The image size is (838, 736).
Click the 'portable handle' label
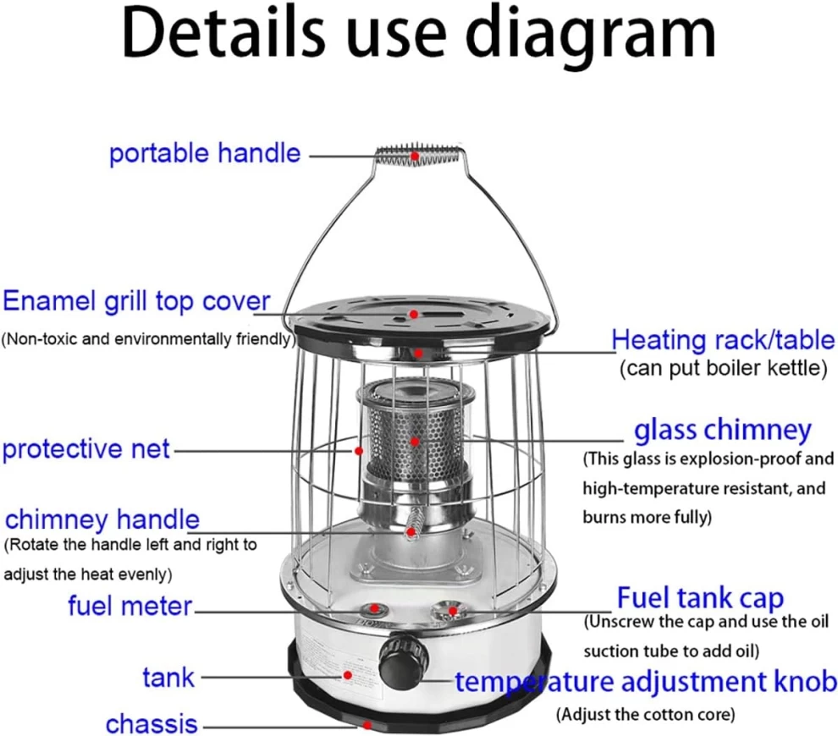coord(205,154)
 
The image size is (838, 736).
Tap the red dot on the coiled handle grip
coord(414,156)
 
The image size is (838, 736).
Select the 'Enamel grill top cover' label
coord(136,302)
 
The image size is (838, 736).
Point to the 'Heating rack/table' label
coord(723,340)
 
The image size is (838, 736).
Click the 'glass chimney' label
coord(723,431)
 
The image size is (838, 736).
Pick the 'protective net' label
coord(86,449)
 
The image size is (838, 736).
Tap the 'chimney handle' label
coord(102,519)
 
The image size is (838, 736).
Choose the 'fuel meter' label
coord(130,607)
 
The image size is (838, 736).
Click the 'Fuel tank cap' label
coord(700,598)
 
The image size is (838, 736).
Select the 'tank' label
coord(168,678)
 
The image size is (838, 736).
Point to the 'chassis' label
coord(152,724)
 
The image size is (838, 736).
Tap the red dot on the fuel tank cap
coord(453,611)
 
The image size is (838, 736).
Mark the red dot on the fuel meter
coord(375,607)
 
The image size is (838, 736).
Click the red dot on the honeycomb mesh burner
coord(415,442)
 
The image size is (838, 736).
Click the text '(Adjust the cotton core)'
coord(646,714)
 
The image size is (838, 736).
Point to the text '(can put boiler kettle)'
coord(724,368)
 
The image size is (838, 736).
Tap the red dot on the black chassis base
coord(367,725)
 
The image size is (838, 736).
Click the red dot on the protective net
coord(359,451)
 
